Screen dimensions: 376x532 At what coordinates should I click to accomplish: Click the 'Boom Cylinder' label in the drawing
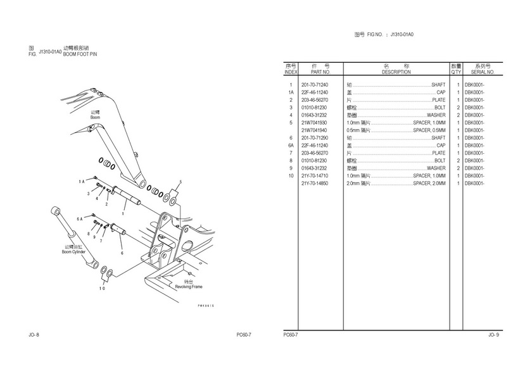click(x=73, y=252)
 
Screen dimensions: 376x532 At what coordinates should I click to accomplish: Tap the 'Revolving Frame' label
click(x=188, y=287)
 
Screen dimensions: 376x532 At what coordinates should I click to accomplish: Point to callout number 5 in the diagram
click(x=180, y=182)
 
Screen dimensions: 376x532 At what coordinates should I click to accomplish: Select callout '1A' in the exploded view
click(x=82, y=182)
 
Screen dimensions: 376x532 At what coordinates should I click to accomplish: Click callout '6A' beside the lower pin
click(x=80, y=219)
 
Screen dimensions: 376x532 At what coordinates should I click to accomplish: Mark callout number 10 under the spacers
click(x=101, y=288)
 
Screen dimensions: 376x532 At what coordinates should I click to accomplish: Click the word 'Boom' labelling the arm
click(x=95, y=118)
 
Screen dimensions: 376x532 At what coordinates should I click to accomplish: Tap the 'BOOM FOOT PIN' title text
click(x=80, y=54)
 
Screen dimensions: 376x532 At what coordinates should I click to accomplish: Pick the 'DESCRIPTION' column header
click(x=396, y=72)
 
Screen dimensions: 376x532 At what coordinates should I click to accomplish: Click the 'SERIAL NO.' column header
click(x=482, y=72)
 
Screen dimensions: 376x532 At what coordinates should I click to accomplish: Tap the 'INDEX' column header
click(x=291, y=72)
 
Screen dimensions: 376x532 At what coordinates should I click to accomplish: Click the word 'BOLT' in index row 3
click(x=440, y=108)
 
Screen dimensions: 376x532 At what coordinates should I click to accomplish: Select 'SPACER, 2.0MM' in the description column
click(x=429, y=184)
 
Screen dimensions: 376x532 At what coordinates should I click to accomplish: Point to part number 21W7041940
click(x=313, y=130)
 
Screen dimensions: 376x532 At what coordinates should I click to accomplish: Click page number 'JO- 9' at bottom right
click(x=493, y=335)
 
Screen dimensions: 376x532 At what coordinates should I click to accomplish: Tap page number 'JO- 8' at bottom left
click(x=34, y=334)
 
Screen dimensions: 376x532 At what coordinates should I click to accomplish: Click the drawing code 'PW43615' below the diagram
click(x=206, y=306)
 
